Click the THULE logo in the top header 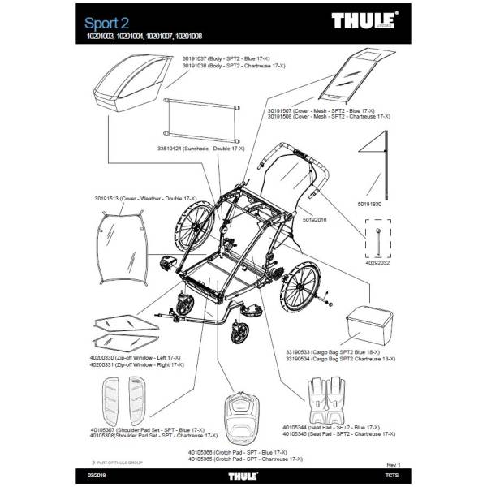[364, 20]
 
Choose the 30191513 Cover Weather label [127, 198]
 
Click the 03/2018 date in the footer [96, 474]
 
